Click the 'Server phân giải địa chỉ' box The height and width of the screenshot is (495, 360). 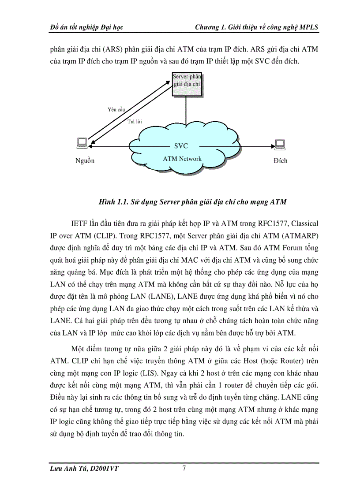(187, 83)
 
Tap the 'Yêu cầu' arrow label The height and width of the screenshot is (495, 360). (116, 109)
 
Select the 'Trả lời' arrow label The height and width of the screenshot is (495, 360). (135, 121)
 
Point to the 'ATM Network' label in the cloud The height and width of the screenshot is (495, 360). (182, 159)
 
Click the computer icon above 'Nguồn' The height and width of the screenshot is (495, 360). (82, 143)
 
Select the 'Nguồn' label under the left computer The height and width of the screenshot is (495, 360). (85, 161)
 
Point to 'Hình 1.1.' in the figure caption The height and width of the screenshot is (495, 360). (113, 202)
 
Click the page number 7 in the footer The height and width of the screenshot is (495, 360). (184, 469)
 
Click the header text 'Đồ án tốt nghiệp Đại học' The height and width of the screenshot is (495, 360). (86, 27)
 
